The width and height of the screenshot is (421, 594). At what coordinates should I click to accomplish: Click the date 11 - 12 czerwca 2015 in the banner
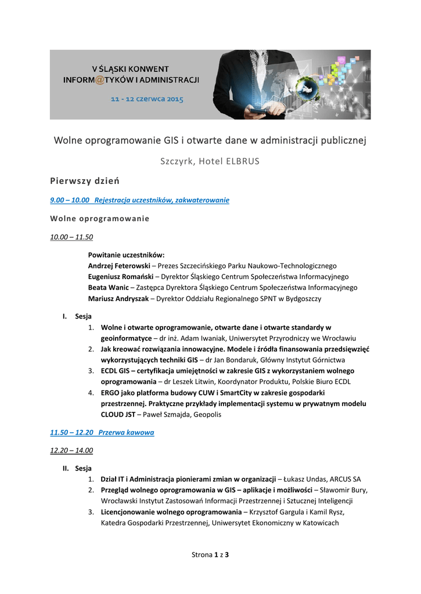tap(147, 99)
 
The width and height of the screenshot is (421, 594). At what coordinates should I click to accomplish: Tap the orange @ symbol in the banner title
tap(99, 79)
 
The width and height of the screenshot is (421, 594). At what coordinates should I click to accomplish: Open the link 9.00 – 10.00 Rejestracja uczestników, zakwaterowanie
tap(139, 200)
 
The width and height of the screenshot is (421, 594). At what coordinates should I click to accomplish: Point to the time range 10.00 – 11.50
tap(72, 237)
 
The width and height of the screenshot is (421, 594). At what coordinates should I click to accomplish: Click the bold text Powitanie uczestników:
tap(127, 255)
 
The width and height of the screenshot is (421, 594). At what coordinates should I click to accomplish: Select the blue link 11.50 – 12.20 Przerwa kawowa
tap(102, 433)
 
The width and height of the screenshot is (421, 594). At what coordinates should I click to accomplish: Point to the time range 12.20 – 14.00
tap(72, 450)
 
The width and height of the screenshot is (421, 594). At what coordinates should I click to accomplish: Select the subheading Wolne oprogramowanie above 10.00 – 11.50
tap(99, 219)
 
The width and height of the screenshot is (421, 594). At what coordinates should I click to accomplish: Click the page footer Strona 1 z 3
tap(210, 555)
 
